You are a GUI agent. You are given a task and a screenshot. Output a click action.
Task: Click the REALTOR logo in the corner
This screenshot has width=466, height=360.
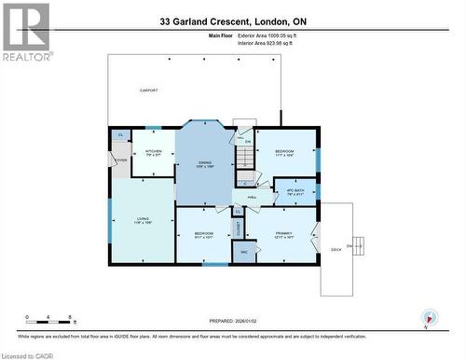coord(26,31)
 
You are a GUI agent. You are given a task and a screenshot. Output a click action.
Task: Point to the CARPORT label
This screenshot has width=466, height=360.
coord(148,90)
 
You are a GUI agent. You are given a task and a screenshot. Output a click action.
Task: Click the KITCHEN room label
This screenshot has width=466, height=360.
coord(154,153)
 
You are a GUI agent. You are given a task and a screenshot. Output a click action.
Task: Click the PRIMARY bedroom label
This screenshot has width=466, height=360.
coord(284,234)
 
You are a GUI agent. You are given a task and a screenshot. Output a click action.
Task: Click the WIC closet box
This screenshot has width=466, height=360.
coord(244,252)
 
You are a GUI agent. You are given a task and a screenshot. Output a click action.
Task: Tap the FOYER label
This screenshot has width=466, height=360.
coord(120,160)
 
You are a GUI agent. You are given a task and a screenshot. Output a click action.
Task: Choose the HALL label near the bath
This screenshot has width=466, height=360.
coord(253,197)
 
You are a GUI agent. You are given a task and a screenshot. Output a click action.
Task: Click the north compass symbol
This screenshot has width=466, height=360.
coord(428,318)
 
